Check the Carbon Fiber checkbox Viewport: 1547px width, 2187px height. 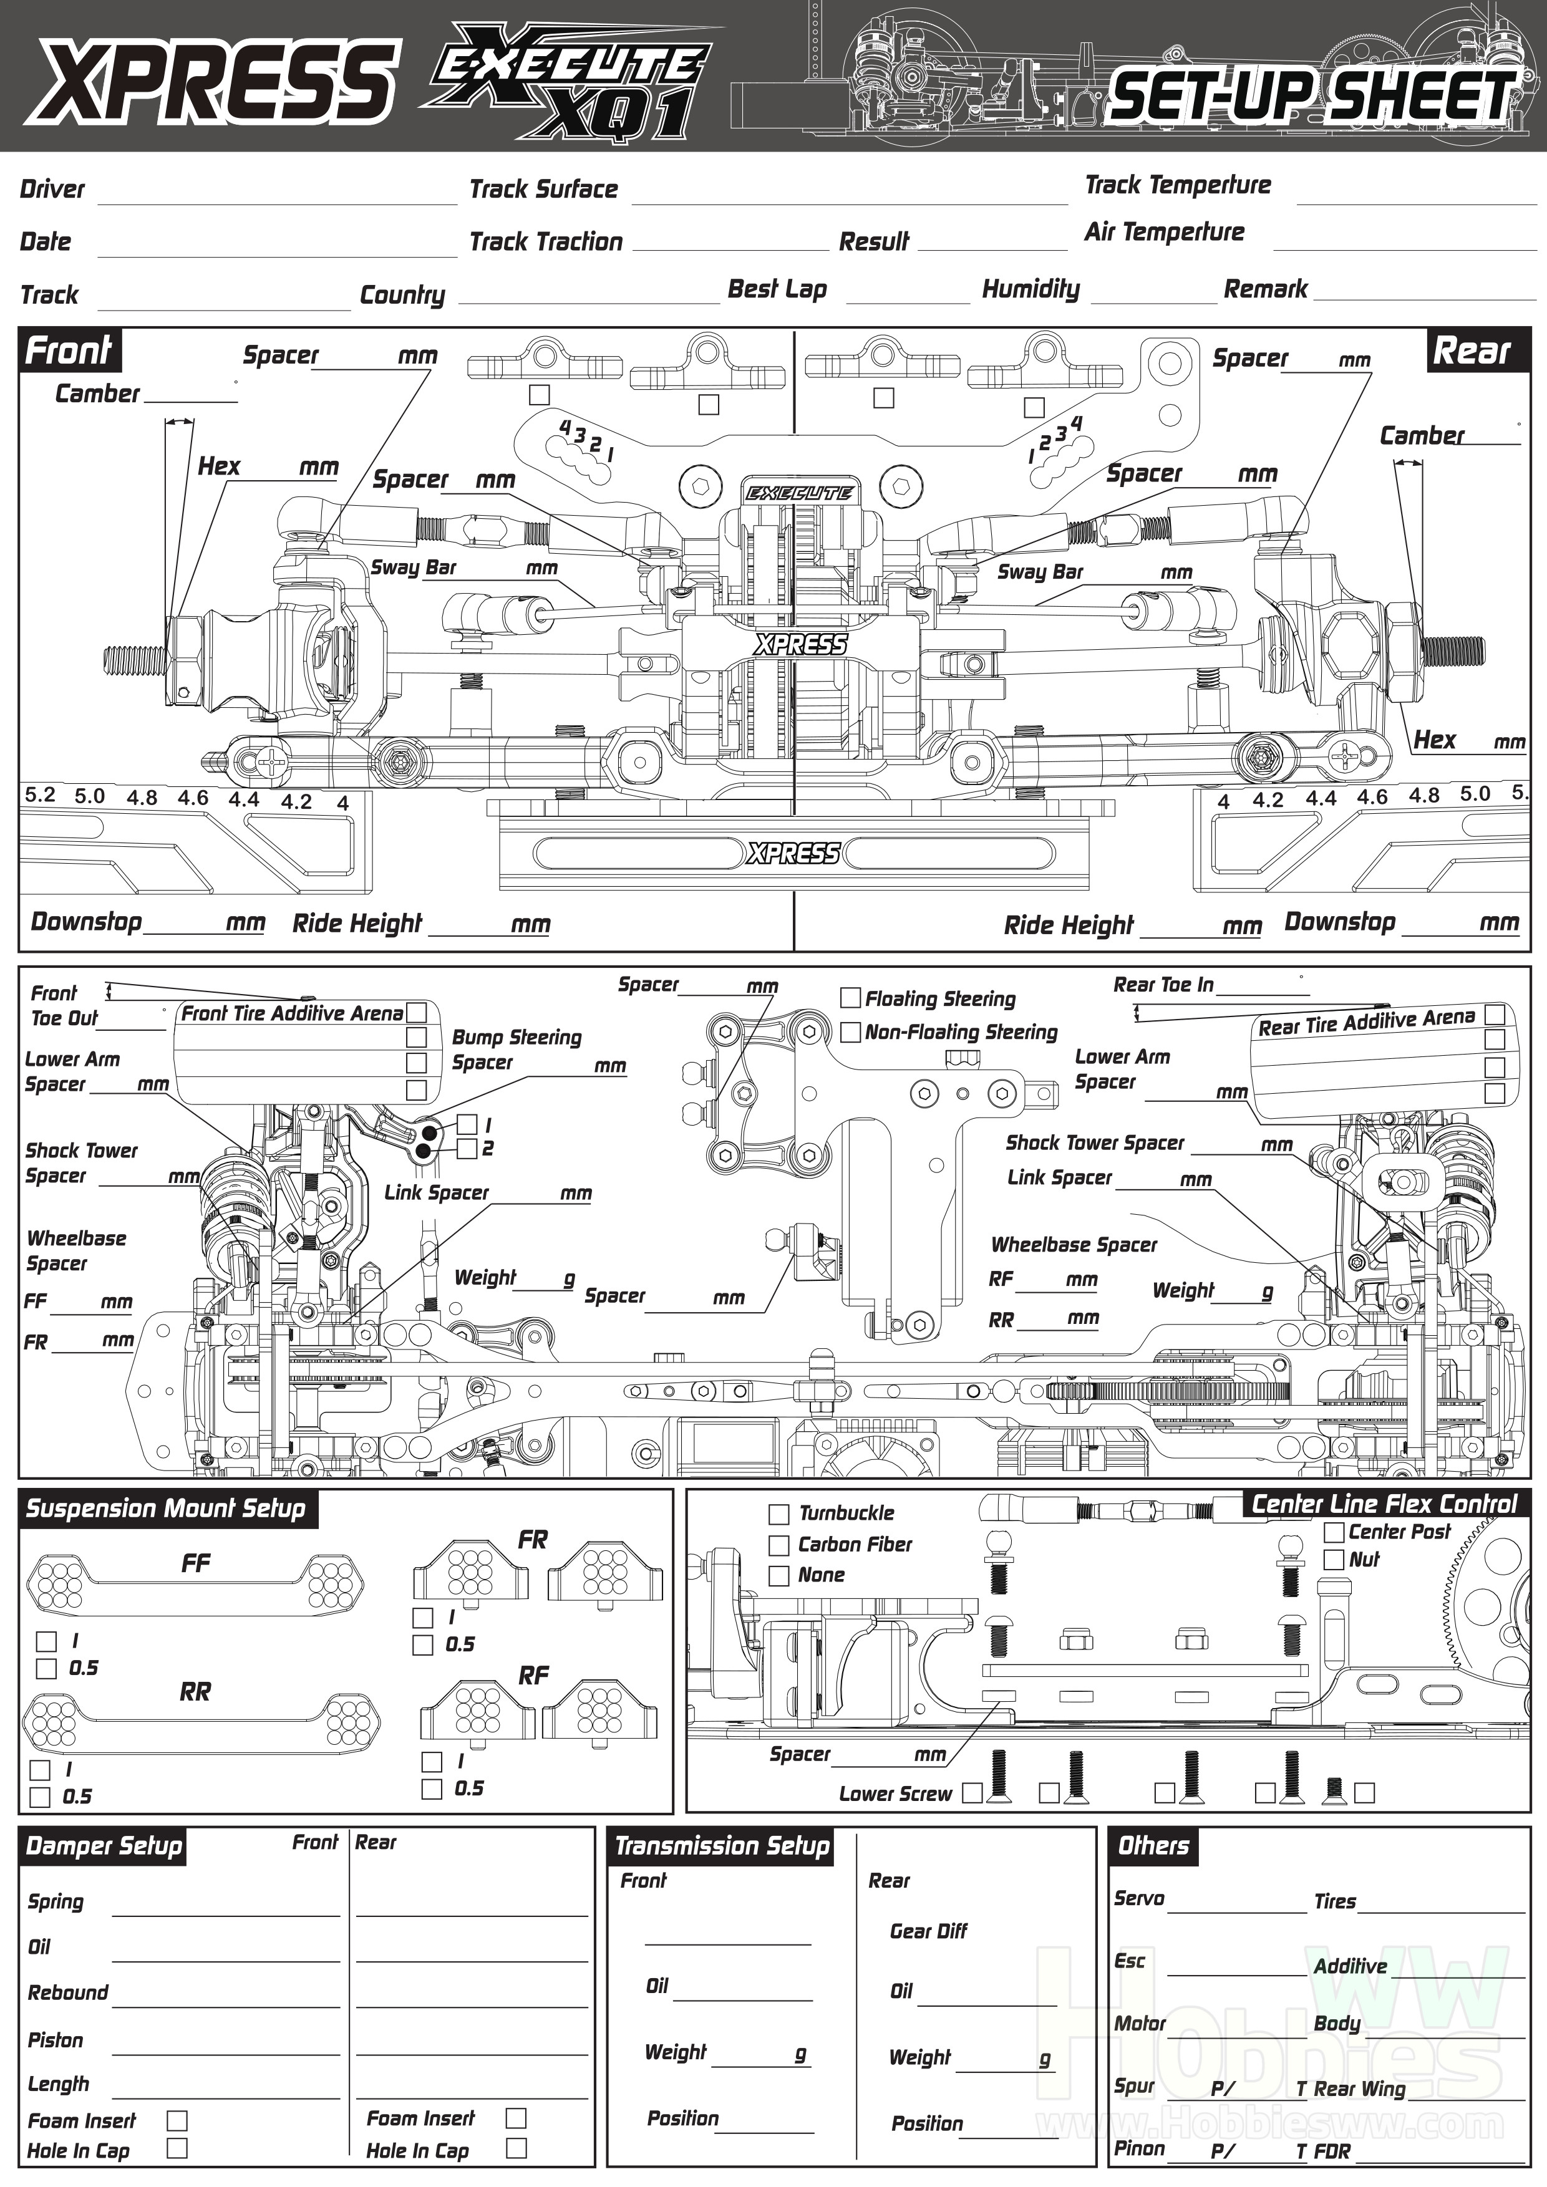(x=778, y=1545)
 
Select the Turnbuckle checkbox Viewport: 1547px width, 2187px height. (x=778, y=1514)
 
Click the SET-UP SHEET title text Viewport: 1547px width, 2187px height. (x=1312, y=96)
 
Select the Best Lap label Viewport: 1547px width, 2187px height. (x=777, y=289)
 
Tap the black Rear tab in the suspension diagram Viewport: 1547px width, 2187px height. (x=1473, y=350)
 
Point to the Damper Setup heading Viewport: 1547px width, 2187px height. (x=103, y=1846)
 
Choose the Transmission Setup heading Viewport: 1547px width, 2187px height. (x=722, y=1846)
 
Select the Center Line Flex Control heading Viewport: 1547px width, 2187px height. (x=1383, y=1505)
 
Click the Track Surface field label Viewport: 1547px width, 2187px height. (x=544, y=188)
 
